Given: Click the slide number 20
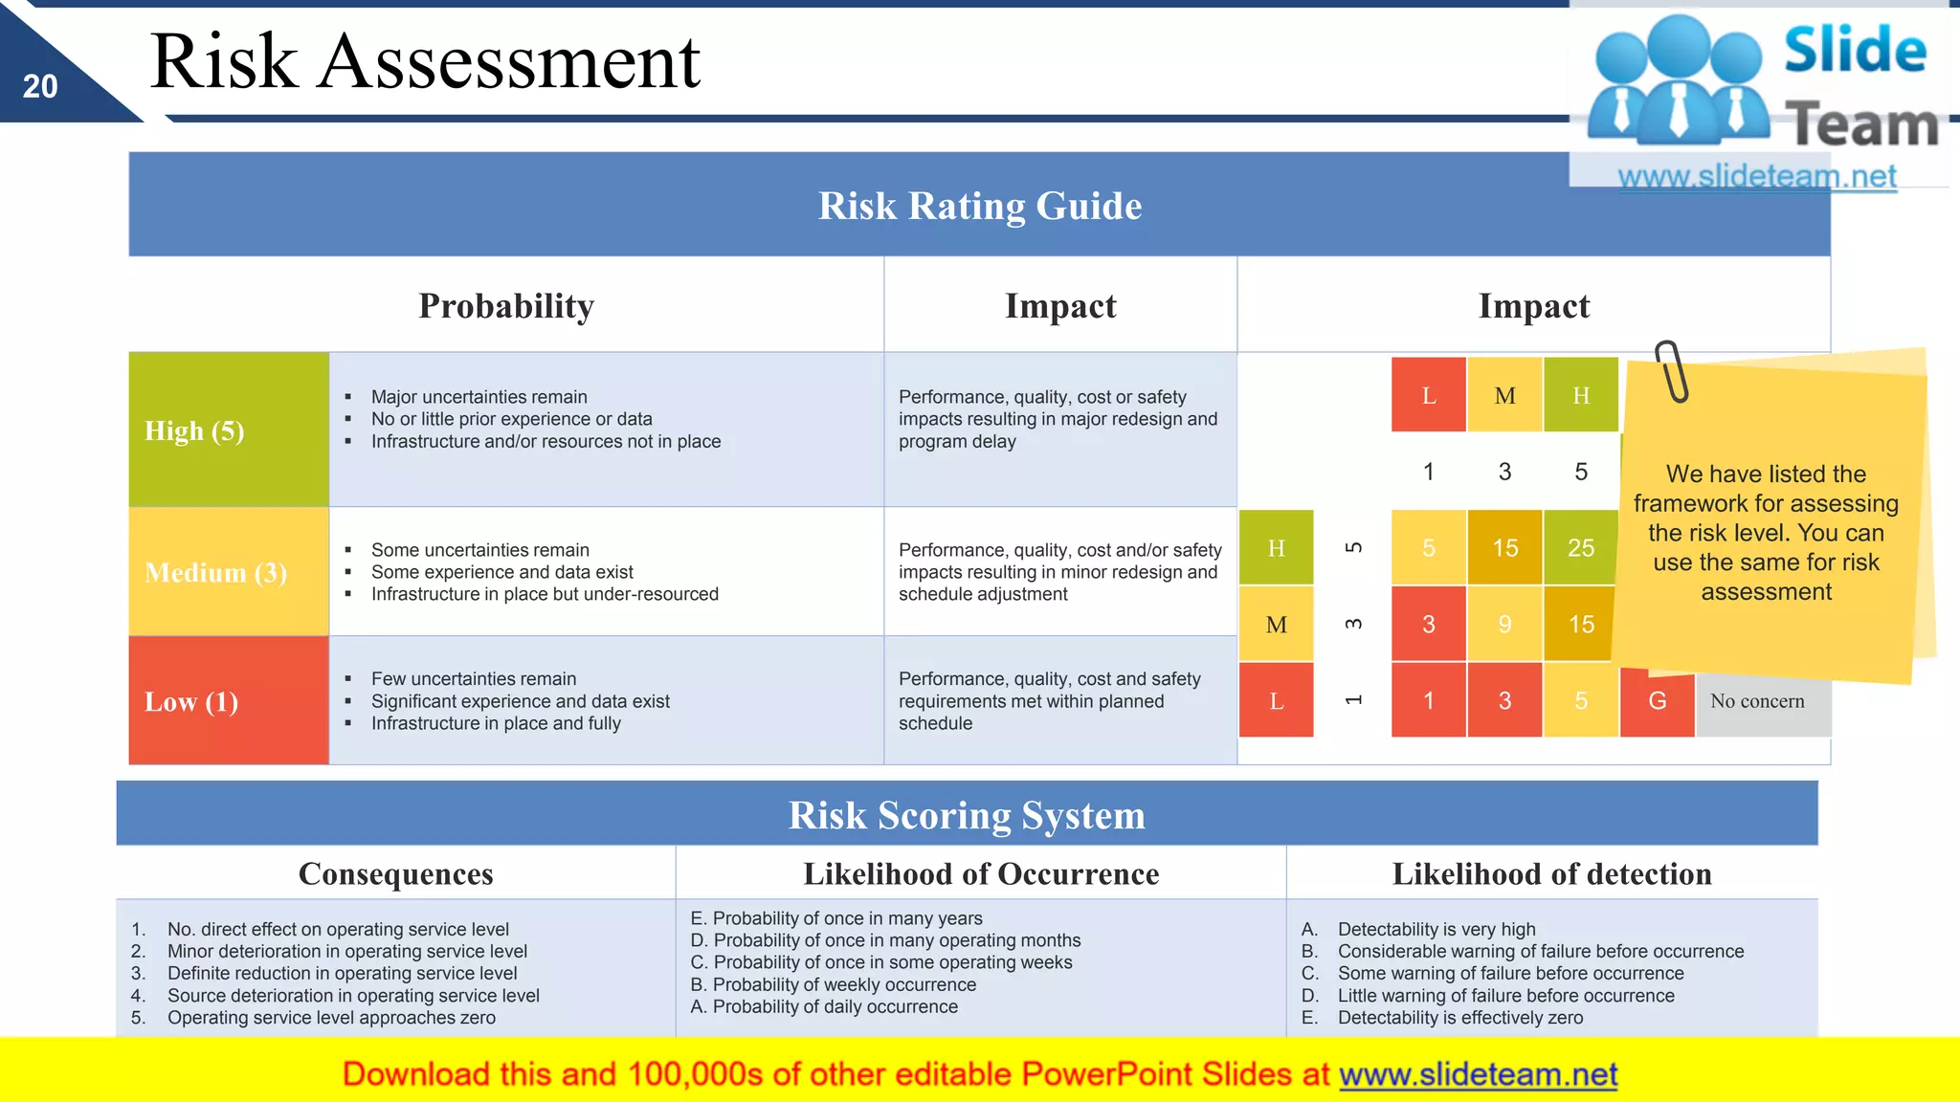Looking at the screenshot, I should pos(40,87).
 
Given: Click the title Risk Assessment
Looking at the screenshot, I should pos(425,61).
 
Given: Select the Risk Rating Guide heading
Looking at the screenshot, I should pos(979,206).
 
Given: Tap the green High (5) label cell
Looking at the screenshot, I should pos(228,430).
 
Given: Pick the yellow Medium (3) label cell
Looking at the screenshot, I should pos(228,572).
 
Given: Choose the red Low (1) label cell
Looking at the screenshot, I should pos(228,701).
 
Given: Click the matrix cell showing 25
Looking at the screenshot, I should pos(1580,548).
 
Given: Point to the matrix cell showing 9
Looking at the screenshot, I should pos(1504,625).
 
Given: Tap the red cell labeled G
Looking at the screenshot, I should pos(1657,701).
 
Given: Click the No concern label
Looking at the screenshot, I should pos(1757,701).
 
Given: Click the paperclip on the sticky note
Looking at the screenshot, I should pos(1672,370).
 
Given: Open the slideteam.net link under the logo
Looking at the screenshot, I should pos(1756,177).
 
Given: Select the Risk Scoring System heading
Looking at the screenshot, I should pos(967,815).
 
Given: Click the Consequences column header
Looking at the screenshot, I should pos(395,873).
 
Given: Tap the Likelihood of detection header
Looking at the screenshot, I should pos(1551,873).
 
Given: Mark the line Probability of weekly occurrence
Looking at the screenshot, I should pos(833,984).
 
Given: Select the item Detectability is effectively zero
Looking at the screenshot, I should pos(1459,1018).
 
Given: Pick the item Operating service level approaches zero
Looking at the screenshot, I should pos(331,1018).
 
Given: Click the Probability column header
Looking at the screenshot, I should pos(506,306).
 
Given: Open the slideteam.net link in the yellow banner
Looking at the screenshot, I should pos(1478,1074).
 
